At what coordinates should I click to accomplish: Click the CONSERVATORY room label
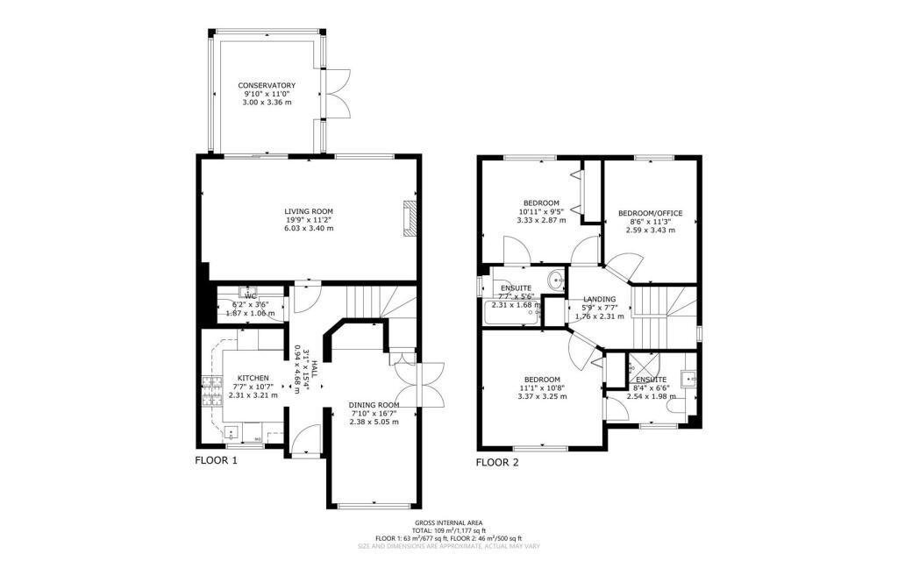tap(267, 85)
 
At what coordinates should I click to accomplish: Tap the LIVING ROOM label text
tap(308, 211)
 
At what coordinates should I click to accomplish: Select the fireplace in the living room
tap(409, 218)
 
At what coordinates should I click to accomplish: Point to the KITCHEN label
tap(253, 378)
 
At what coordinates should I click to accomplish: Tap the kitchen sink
tap(232, 430)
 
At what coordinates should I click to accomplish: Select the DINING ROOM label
tap(374, 404)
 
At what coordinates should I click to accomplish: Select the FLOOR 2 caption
tap(497, 462)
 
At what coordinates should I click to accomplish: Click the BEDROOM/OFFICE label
tap(650, 213)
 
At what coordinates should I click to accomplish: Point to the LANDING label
tap(599, 299)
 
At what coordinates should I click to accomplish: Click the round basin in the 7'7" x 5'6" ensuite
tap(554, 280)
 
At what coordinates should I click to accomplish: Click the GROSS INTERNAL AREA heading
tap(448, 522)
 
